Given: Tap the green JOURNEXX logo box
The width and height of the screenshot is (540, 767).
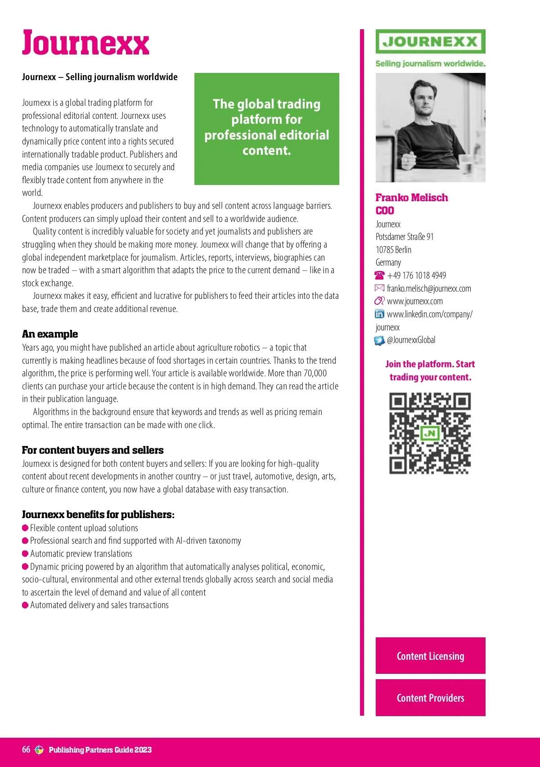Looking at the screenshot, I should pyautogui.click(x=430, y=42).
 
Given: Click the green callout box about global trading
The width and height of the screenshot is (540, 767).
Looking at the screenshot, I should pyautogui.click(x=266, y=128).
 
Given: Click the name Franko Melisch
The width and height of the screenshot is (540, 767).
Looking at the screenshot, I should pyautogui.click(x=411, y=198).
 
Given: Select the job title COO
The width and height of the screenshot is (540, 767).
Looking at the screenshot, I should pyautogui.click(x=385, y=211).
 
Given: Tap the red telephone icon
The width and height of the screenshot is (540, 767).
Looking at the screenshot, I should pyautogui.click(x=380, y=275).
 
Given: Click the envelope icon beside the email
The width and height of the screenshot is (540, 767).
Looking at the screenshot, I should pyautogui.click(x=380, y=288).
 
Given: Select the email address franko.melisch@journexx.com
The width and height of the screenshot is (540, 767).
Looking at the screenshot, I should pyautogui.click(x=429, y=289).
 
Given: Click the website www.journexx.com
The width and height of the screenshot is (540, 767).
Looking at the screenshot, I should pyautogui.click(x=414, y=301).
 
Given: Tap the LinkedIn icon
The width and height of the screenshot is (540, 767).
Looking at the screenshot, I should pyautogui.click(x=380, y=314).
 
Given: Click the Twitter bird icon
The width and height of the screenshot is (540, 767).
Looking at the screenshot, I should pyautogui.click(x=380, y=340).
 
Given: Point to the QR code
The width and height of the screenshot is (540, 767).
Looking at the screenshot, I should pyautogui.click(x=430, y=433).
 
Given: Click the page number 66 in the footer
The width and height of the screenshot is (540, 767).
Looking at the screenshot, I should pyautogui.click(x=26, y=749).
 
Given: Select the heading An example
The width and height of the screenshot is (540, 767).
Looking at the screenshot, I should pyautogui.click(x=50, y=334).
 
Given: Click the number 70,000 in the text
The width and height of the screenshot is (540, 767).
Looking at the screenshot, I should pyautogui.click(x=315, y=373).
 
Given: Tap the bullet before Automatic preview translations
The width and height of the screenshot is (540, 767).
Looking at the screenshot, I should pyautogui.click(x=25, y=554).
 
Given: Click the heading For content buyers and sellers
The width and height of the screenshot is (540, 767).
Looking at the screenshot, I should pyautogui.click(x=93, y=450).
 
